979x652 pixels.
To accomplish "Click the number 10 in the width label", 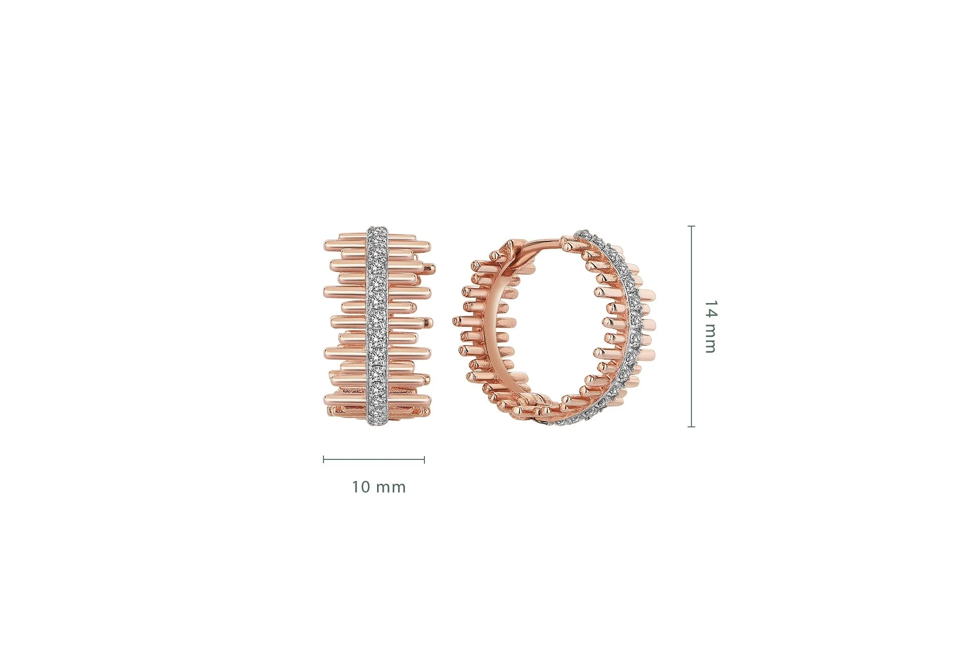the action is point(361,487).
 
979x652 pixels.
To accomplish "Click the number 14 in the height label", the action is point(710,309).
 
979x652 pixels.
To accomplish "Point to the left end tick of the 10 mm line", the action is point(324,460).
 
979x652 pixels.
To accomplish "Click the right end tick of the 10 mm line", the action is point(424,460).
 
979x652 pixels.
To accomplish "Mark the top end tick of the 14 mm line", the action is point(691,226).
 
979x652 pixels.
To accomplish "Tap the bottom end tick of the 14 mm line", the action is point(691,426).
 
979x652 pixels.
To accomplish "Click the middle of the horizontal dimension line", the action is point(374,460).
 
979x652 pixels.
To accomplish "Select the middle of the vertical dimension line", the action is point(691,326).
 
